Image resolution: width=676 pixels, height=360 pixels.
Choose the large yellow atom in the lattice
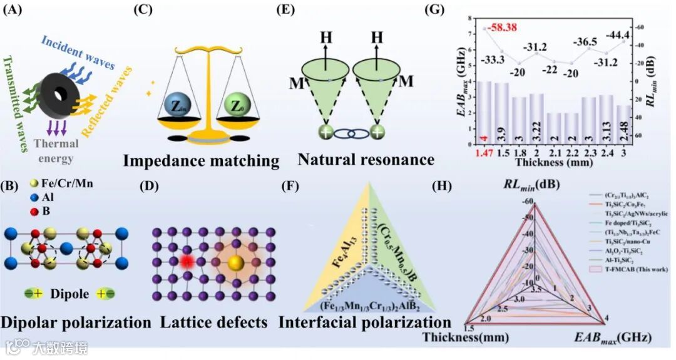point(236,260)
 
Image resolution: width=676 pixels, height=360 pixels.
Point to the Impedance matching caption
point(201,161)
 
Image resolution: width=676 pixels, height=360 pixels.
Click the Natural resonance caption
point(366,160)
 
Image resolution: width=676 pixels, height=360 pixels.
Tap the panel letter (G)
point(434,10)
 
